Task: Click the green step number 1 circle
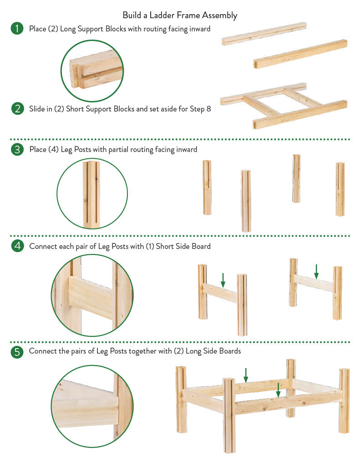(x=17, y=29)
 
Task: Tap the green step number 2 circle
(x=18, y=109)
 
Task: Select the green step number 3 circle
(x=17, y=149)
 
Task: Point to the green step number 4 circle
(x=18, y=246)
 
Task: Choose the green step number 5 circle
(x=17, y=352)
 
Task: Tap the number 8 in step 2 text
(x=209, y=109)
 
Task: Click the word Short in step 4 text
(x=165, y=246)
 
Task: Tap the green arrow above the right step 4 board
(x=316, y=272)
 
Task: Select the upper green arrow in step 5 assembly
(x=246, y=375)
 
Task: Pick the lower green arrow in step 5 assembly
(x=278, y=390)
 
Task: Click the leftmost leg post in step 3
(x=207, y=187)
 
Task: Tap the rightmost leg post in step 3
(x=340, y=189)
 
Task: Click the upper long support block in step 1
(x=264, y=34)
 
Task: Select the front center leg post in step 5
(x=229, y=415)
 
